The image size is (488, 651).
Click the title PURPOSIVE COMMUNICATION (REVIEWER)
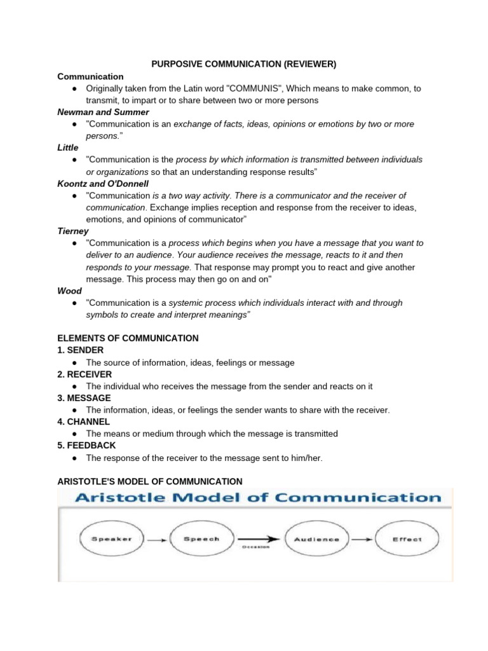(x=243, y=64)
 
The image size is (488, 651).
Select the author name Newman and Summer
(x=103, y=112)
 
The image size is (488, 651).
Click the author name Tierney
(x=73, y=231)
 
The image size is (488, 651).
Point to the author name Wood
(x=69, y=291)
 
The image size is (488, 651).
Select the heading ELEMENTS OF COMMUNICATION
(x=128, y=338)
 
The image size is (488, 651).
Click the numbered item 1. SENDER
(x=80, y=350)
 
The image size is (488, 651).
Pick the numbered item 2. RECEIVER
(x=85, y=374)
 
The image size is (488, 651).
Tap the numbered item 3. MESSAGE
(x=84, y=398)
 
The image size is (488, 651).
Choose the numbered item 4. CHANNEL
(x=84, y=421)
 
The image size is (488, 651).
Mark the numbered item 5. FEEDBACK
(x=86, y=446)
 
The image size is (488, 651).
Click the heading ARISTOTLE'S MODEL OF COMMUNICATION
(x=150, y=481)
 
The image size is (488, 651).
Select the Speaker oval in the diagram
(x=112, y=540)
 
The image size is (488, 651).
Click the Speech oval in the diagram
(x=201, y=540)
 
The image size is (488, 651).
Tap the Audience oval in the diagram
(x=316, y=540)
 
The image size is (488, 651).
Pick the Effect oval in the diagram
(x=407, y=540)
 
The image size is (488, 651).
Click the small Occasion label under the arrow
(x=256, y=547)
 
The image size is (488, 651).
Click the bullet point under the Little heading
(x=75, y=160)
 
